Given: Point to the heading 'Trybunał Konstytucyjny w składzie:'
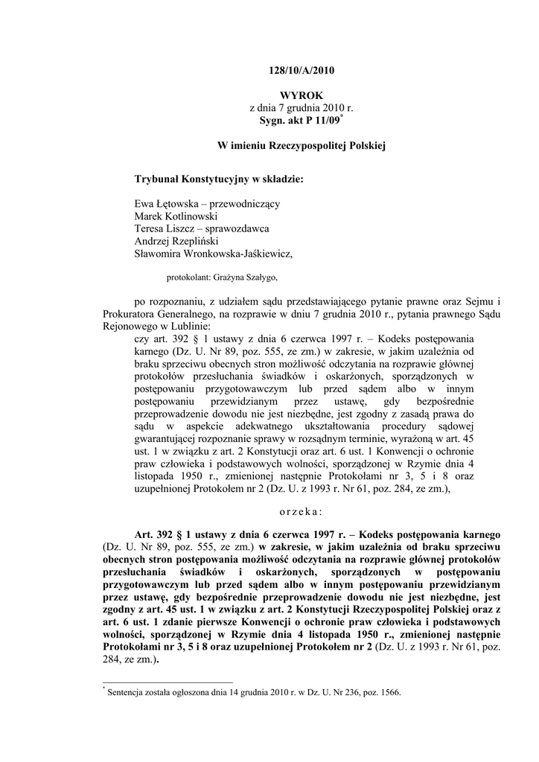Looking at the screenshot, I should (219, 179).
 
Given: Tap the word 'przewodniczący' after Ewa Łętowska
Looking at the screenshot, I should (247, 203).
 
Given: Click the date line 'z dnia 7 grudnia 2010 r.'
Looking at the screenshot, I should (302, 108).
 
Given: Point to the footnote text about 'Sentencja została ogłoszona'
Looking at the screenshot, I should (253, 693).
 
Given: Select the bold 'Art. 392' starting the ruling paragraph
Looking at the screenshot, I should (157, 535).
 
